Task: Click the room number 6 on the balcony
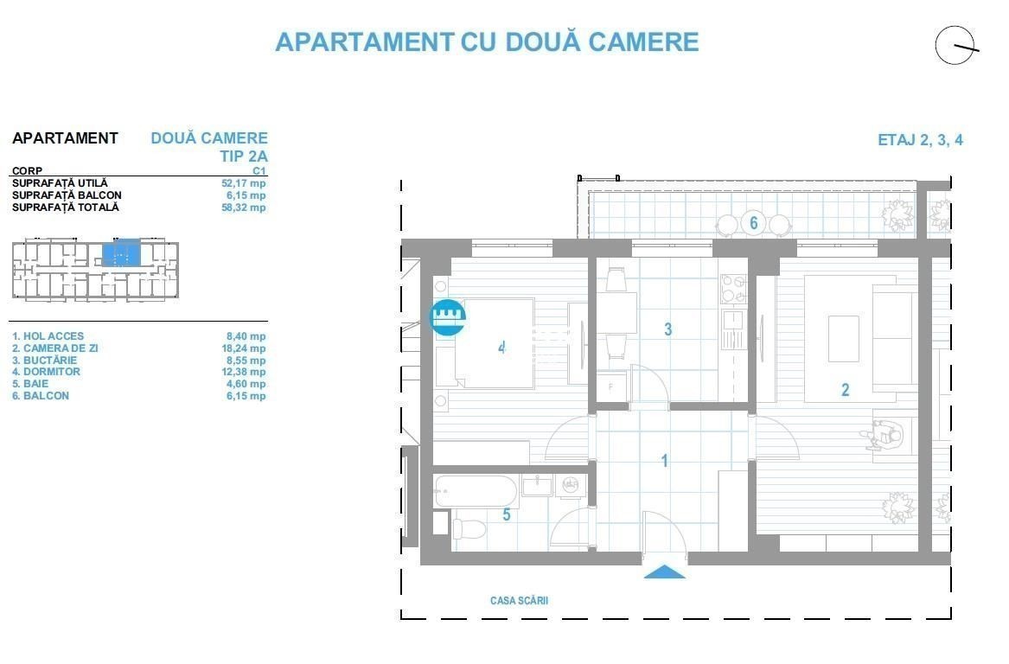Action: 754,223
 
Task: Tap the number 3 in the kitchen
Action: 668,329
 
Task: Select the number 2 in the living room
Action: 845,389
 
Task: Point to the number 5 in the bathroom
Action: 507,514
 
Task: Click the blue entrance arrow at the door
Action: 664,572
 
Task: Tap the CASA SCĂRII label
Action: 520,600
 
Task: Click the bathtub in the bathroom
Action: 476,492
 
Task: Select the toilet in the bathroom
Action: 469,529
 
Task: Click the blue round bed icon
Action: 448,317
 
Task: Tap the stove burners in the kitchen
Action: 733,289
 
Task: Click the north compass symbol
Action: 955,46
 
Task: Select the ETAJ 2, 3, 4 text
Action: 920,139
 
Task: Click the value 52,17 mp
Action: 243,183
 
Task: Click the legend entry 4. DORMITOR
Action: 47,372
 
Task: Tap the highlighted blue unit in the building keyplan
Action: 122,252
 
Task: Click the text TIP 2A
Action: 244,156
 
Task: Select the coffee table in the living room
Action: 844,338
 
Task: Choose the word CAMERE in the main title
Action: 643,41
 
